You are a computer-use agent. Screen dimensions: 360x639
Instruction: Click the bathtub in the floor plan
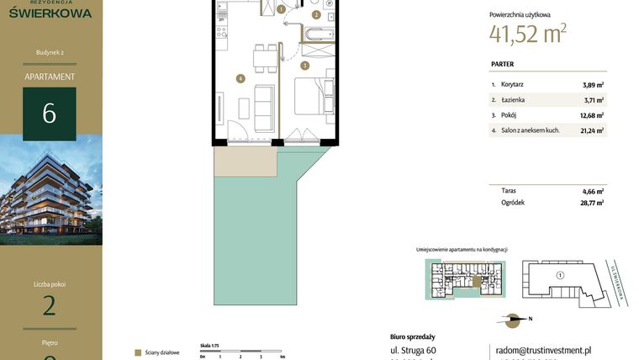pyautogui.click(x=319, y=34)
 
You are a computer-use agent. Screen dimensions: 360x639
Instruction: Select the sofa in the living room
pyautogui.click(x=263, y=103)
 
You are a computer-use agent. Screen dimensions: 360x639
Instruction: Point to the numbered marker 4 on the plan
pyautogui.click(x=240, y=79)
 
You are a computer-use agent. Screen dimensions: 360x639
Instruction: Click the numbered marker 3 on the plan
pyautogui.click(x=304, y=65)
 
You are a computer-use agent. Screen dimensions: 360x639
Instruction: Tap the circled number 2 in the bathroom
pyautogui.click(x=316, y=14)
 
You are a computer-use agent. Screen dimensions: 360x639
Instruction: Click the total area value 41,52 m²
pyautogui.click(x=527, y=33)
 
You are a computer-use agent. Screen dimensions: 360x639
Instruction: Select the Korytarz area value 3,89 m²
pyautogui.click(x=593, y=84)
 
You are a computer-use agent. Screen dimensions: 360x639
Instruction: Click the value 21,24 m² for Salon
pyautogui.click(x=592, y=130)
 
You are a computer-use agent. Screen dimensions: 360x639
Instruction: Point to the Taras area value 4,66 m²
pyautogui.click(x=593, y=191)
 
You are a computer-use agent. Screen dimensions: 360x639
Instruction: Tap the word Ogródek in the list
pyautogui.click(x=513, y=202)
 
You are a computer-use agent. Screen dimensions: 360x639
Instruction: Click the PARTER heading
pyautogui.click(x=502, y=64)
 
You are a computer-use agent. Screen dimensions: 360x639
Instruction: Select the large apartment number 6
pyautogui.click(x=50, y=114)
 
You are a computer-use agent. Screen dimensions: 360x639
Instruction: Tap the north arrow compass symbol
pyautogui.click(x=513, y=319)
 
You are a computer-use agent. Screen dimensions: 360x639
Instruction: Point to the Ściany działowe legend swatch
pyautogui.click(x=138, y=352)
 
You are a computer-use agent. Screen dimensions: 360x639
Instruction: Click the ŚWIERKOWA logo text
pyautogui.click(x=50, y=12)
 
